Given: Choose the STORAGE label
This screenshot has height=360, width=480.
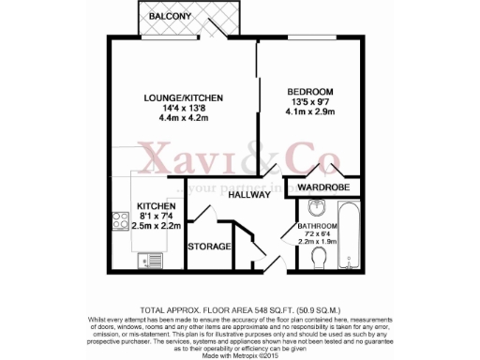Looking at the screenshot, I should point(209,246).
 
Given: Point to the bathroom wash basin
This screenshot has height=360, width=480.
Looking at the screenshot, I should point(312,209).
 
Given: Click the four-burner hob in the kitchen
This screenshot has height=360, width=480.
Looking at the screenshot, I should point(121,222).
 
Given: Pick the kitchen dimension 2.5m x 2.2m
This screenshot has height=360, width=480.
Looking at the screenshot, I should point(156,227).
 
